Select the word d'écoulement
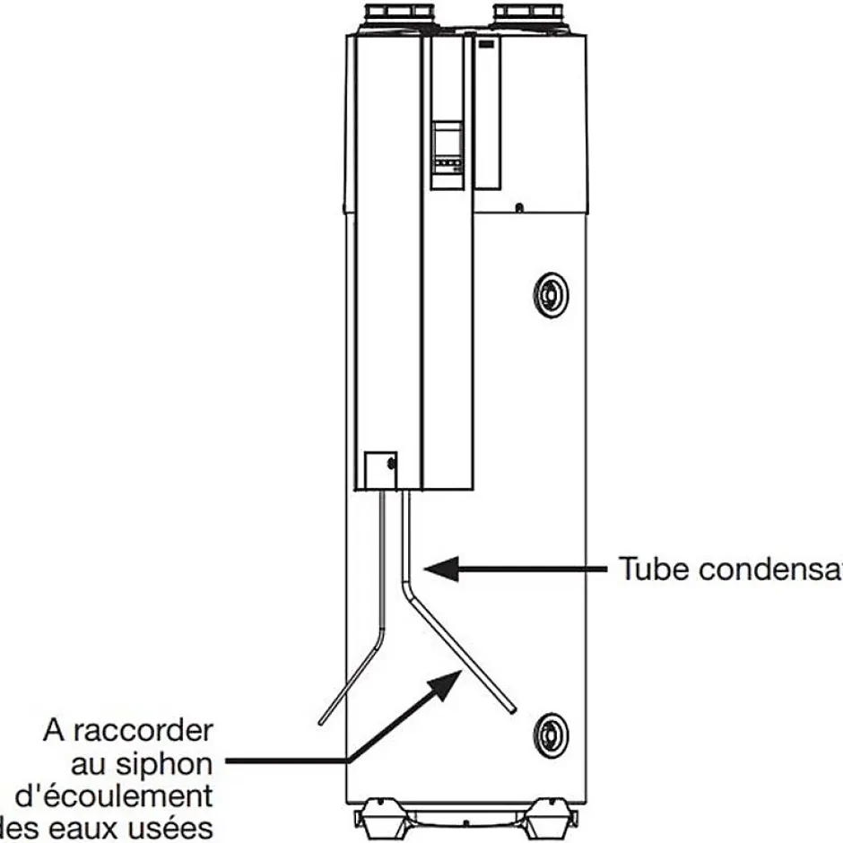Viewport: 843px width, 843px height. (x=114, y=796)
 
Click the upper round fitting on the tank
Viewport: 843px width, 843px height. (x=549, y=291)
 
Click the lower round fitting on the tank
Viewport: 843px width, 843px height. (x=549, y=734)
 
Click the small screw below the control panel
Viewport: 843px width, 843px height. (x=520, y=209)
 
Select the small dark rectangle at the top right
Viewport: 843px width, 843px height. (x=488, y=43)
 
